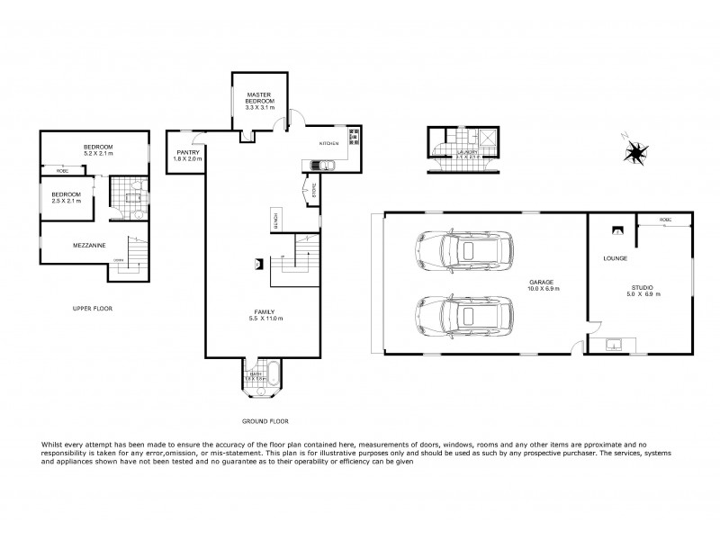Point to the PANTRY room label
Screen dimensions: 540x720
(x=188, y=152)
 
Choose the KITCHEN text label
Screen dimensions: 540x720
(x=328, y=144)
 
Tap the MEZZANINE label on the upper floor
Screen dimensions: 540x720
(x=90, y=243)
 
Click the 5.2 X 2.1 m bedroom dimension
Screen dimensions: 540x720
(x=98, y=154)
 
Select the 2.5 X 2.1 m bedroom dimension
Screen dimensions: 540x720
(x=66, y=201)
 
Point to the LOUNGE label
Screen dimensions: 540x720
(x=615, y=259)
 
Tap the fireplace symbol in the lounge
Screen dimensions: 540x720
(x=616, y=229)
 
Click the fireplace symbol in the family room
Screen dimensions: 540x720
(x=258, y=264)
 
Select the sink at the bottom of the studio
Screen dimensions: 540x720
(x=616, y=342)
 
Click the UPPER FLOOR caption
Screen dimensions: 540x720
(x=94, y=309)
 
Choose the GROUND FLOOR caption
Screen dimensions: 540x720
(x=265, y=420)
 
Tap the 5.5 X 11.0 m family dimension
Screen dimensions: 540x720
(x=263, y=319)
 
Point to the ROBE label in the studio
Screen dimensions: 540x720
(x=665, y=220)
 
